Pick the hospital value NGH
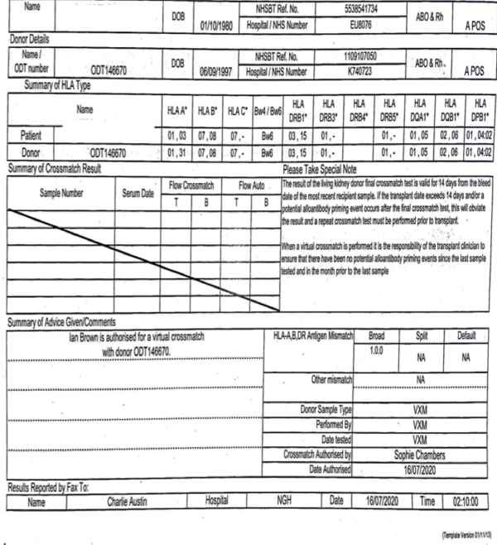pyautogui.click(x=287, y=500)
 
